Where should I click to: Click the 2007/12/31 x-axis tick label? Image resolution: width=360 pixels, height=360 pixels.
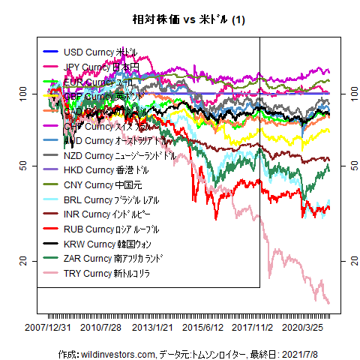click(x=49, y=328)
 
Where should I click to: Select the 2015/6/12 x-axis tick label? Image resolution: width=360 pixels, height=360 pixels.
click(x=203, y=328)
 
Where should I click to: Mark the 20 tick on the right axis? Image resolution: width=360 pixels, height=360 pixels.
click(x=353, y=259)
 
